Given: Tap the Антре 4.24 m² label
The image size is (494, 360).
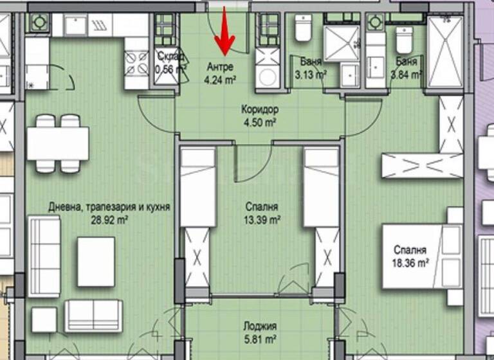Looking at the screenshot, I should point(219,73).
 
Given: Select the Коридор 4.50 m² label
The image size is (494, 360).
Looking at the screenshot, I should point(260,116).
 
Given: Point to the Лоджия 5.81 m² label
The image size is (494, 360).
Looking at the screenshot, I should point(260,331).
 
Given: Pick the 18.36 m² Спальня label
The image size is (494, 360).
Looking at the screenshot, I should point(413,256).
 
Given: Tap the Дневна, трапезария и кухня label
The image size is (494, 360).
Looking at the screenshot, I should point(109,213).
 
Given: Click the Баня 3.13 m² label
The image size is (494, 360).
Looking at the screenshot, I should point(311,68).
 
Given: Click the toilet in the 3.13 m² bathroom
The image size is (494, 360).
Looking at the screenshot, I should point(303,29).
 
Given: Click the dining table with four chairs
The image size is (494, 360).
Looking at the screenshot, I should point(57,143).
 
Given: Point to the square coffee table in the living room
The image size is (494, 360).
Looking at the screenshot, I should point(96,261).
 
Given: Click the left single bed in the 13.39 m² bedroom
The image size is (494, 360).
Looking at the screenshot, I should point(197,187).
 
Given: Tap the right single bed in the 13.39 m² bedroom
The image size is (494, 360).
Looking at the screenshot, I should point(321,187).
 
